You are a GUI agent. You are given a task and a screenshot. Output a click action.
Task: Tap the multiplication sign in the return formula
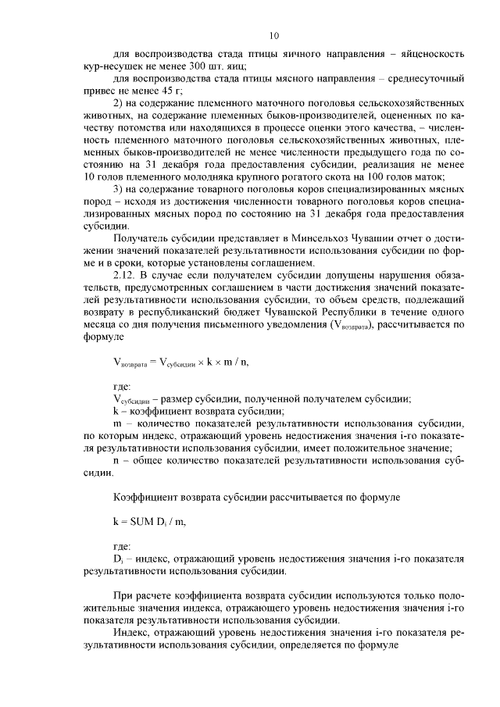coord(199,361)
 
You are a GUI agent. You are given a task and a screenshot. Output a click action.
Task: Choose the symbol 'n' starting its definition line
coord(116,461)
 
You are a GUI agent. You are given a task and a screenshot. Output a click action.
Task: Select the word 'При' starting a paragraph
coord(122,596)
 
